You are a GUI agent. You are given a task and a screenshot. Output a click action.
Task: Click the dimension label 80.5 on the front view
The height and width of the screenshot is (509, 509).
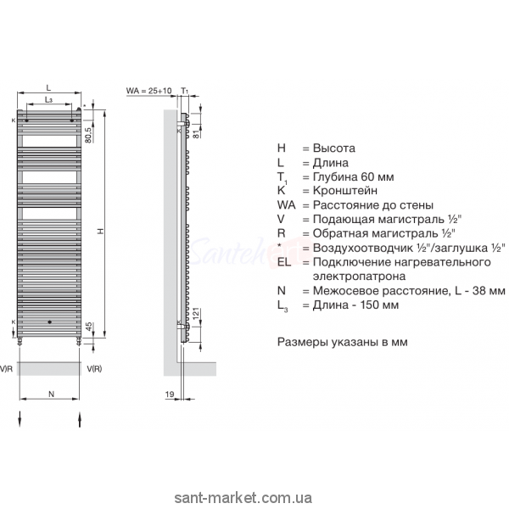[x=88, y=132]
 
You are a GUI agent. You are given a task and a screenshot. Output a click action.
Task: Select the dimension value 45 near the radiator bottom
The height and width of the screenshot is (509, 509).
[x=88, y=327]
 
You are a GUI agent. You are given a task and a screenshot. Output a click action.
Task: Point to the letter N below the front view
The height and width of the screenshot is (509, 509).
[x=50, y=393]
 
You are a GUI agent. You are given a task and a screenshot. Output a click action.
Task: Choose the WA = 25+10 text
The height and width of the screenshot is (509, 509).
[x=148, y=89]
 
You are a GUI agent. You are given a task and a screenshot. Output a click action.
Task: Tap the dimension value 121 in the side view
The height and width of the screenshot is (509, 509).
[x=197, y=316]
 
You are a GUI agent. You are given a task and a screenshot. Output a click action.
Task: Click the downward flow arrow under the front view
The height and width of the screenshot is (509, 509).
[x=20, y=417]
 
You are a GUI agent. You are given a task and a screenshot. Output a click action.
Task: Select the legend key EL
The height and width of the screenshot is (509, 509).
[x=283, y=261]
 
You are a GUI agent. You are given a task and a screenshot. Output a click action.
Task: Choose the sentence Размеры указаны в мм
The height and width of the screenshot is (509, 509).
[x=333, y=344]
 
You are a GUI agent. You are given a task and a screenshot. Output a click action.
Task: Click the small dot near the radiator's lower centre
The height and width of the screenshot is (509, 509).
[x=50, y=322]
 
